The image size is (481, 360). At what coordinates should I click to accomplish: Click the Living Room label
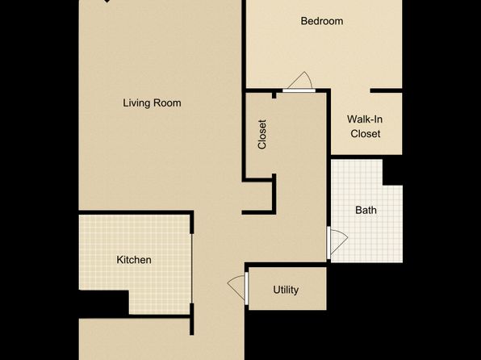pos(152,103)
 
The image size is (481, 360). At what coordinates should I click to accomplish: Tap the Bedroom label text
pos(322,21)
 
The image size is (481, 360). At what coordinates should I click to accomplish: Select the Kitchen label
pos(134,260)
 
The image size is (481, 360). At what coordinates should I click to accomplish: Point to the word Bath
pos(366,210)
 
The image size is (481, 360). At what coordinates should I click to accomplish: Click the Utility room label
pos(286,290)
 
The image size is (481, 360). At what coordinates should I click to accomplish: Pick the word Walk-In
pos(365,119)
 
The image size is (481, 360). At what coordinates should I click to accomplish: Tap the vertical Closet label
pos(262,135)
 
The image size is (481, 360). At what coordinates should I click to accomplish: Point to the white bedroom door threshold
pos(299,90)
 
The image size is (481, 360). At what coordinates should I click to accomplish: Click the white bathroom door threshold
pos(328,243)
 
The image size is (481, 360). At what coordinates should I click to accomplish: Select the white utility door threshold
pos(246,288)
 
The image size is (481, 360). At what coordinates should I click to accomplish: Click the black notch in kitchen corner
pos(103,303)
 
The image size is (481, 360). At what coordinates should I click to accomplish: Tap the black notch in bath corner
pos(393,172)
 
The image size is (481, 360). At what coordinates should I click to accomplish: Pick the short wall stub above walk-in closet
pos(386,90)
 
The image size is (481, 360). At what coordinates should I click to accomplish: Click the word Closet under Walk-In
pos(366,133)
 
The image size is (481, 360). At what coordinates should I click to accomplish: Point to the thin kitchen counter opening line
pos(192,269)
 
